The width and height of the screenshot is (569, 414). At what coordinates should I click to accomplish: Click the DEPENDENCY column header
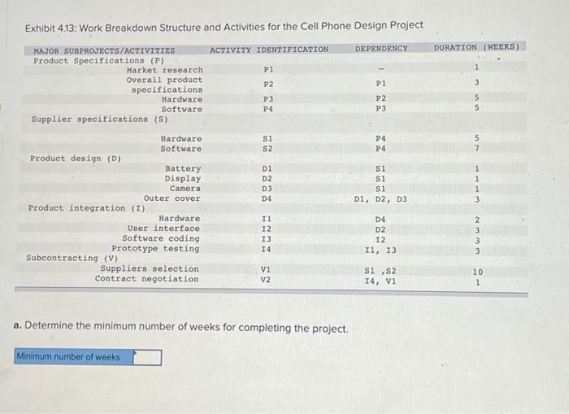tap(381, 50)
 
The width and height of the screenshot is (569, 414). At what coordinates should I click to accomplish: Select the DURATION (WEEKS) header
tap(476, 48)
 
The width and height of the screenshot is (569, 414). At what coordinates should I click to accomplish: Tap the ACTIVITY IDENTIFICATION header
tap(269, 50)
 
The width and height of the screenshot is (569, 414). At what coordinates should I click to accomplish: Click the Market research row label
tap(165, 71)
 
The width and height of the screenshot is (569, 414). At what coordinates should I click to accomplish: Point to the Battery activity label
tap(183, 169)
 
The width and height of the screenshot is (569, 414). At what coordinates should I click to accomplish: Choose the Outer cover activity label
tap(172, 198)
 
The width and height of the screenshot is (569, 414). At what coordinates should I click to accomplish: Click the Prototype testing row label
tap(155, 249)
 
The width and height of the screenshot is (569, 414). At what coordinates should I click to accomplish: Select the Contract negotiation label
tap(146, 279)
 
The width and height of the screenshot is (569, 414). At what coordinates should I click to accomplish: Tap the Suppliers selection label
tap(149, 269)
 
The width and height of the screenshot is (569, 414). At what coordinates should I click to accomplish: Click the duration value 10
tap(477, 272)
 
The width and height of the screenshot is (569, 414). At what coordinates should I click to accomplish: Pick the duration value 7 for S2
tap(478, 149)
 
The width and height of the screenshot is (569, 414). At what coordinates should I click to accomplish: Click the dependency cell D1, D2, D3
tap(380, 199)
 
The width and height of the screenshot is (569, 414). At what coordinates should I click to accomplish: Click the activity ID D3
tap(267, 189)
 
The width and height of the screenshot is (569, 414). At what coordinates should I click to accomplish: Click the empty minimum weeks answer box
tap(148, 357)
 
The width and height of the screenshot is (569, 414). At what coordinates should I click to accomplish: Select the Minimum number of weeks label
tap(68, 357)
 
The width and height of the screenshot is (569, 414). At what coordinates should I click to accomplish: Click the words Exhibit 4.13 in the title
tap(50, 26)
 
